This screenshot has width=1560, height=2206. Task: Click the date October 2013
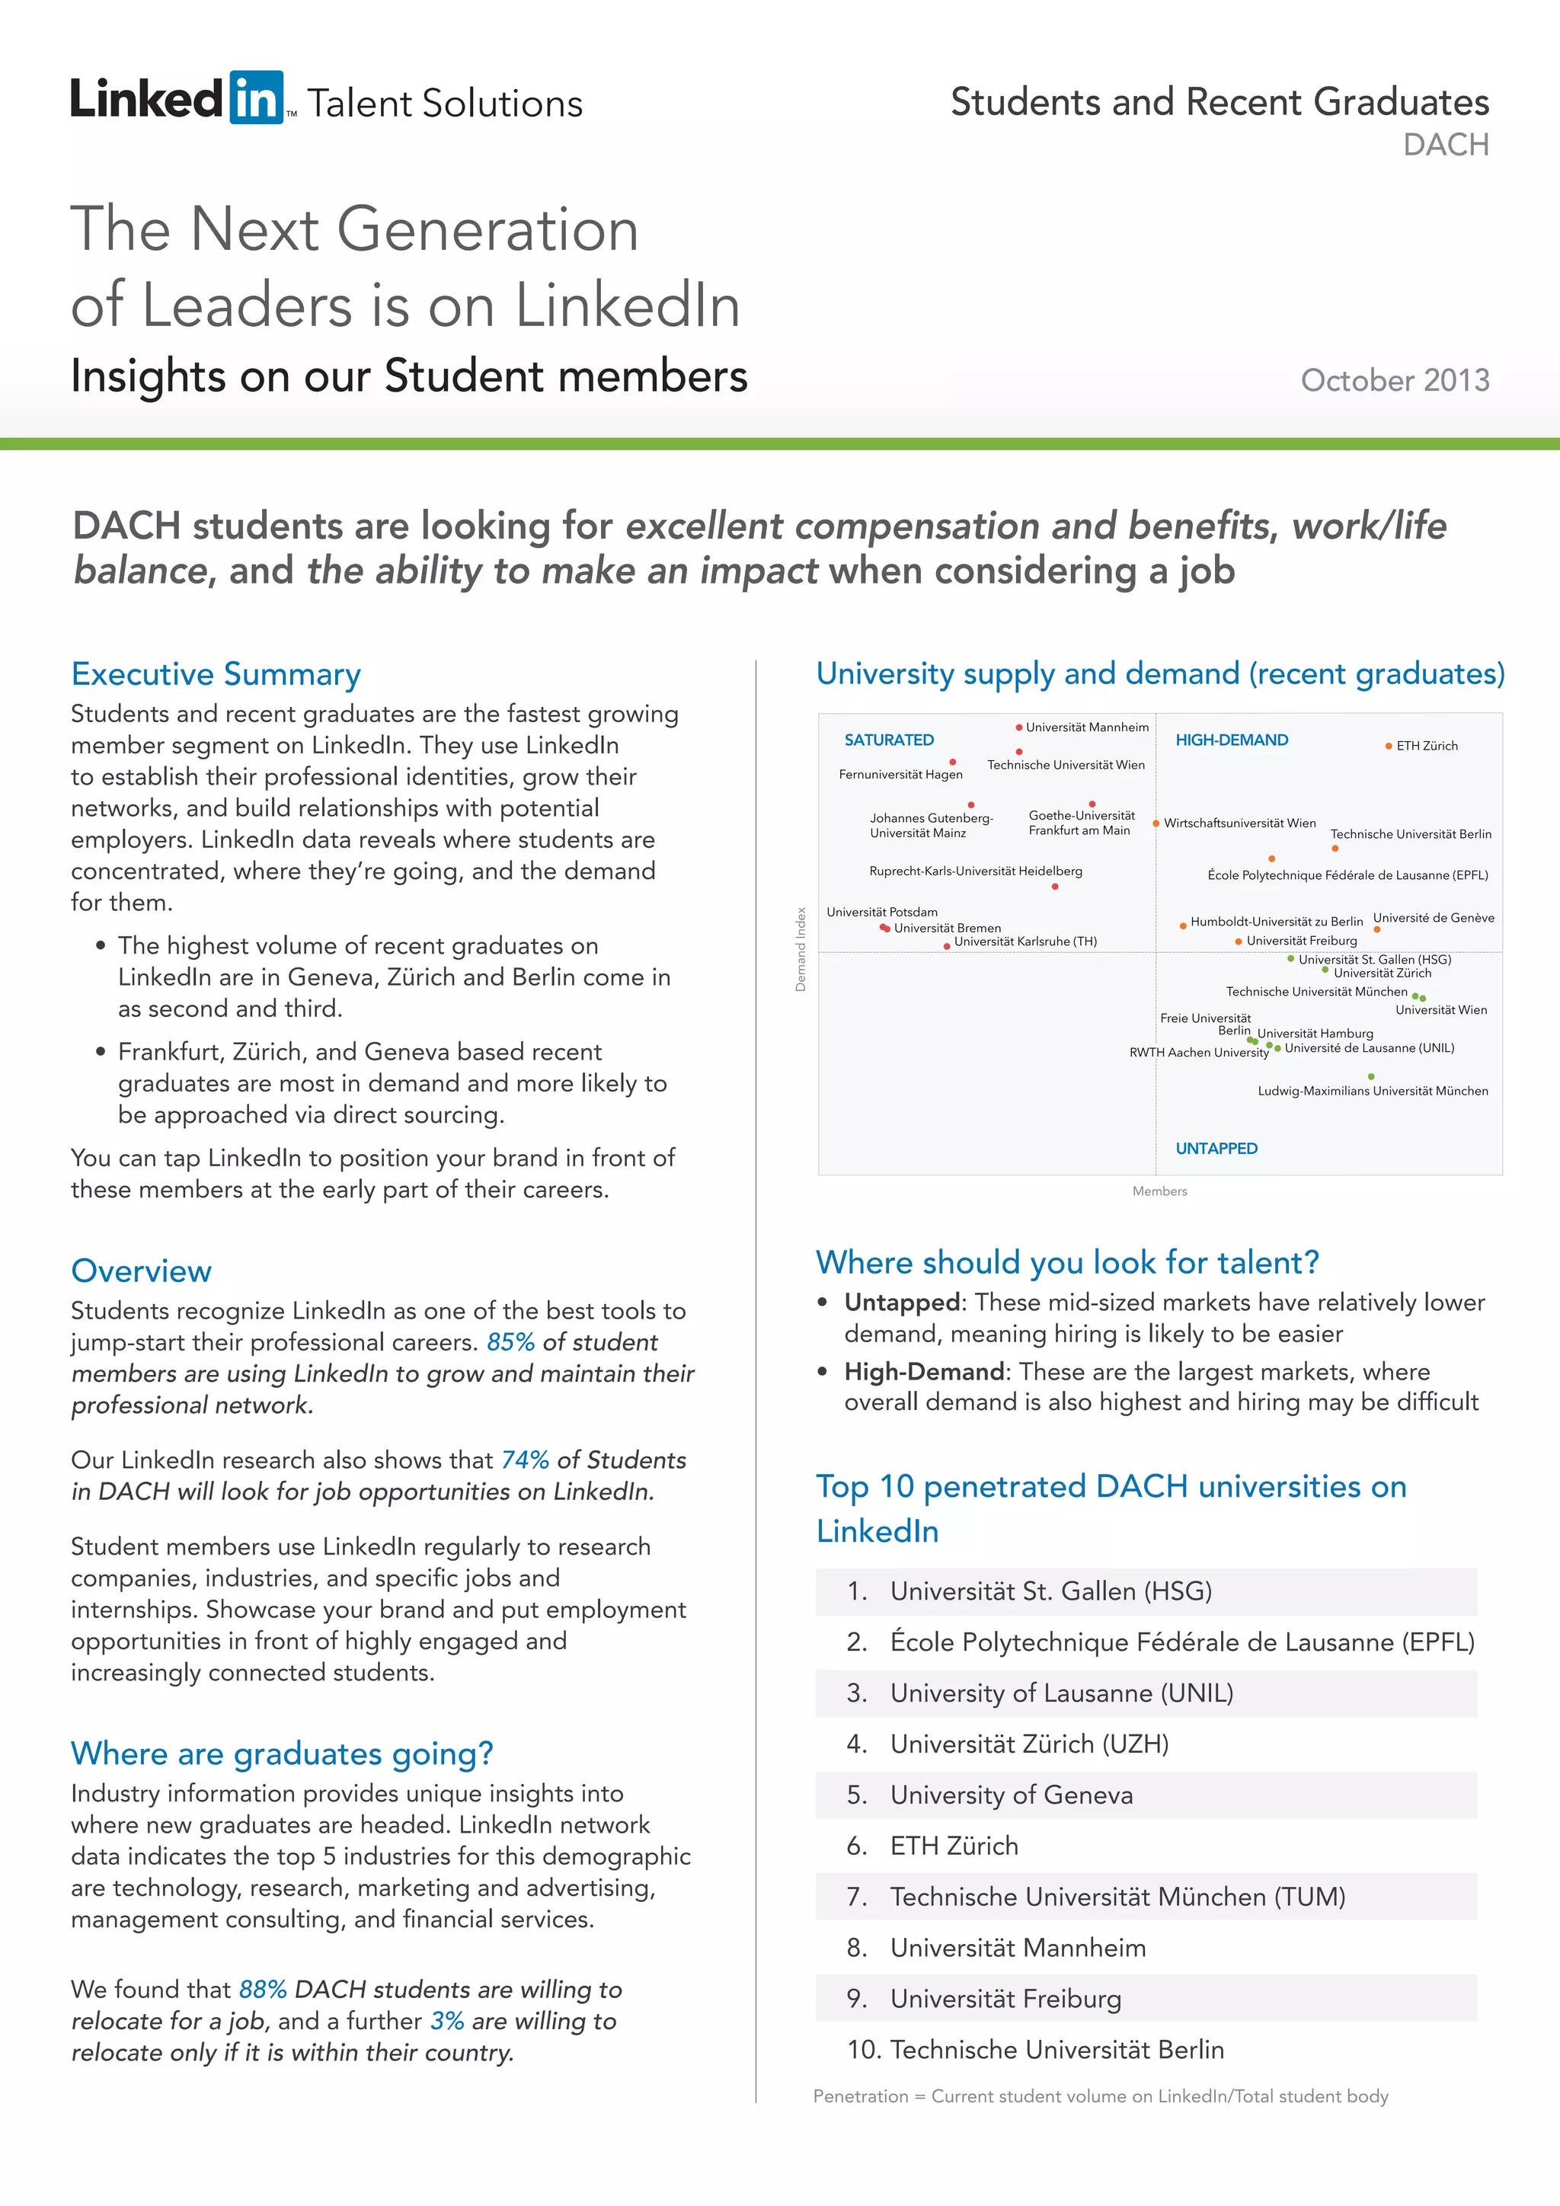point(1394,380)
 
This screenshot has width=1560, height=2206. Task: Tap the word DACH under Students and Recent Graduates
point(1445,145)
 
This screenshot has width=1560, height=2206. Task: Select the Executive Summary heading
point(216,674)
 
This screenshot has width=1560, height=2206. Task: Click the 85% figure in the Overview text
point(510,1342)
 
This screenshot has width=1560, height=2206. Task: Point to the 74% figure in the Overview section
point(525,1460)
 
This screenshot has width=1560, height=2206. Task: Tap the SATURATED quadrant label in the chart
point(889,740)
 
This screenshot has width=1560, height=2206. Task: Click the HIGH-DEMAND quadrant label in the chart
point(1232,740)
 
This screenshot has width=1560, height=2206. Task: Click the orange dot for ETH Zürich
point(1388,746)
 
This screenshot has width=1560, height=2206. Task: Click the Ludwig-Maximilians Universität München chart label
point(1373,1091)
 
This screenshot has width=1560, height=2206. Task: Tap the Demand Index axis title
point(800,949)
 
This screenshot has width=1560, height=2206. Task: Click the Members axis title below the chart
point(1159,1191)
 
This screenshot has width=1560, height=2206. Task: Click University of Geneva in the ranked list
point(1011,1795)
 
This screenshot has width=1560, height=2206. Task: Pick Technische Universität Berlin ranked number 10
point(1057,2051)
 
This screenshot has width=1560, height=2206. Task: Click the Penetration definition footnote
point(1100,2096)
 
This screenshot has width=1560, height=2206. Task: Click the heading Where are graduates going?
point(281,1754)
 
